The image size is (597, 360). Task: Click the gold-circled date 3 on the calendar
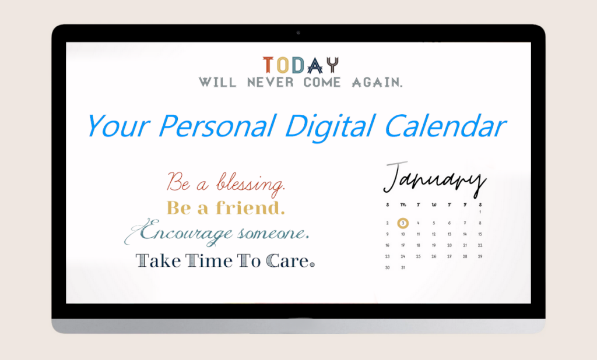tap(403, 223)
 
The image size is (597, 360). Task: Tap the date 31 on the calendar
tap(403, 268)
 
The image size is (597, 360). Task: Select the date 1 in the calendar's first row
tap(480, 212)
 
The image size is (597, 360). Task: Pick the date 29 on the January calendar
tap(480, 256)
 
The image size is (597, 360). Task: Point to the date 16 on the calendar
tap(387, 245)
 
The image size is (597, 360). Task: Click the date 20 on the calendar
tap(449, 245)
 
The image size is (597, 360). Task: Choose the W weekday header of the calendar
tap(434, 205)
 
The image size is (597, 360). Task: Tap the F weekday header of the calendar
tap(465, 205)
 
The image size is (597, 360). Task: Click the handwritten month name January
tap(435, 179)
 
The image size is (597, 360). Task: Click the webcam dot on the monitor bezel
tap(298, 33)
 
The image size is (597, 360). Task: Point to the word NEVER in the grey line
tap(271, 83)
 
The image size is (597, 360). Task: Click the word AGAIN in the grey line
tap(377, 83)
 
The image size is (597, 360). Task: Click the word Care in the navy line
tap(290, 261)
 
